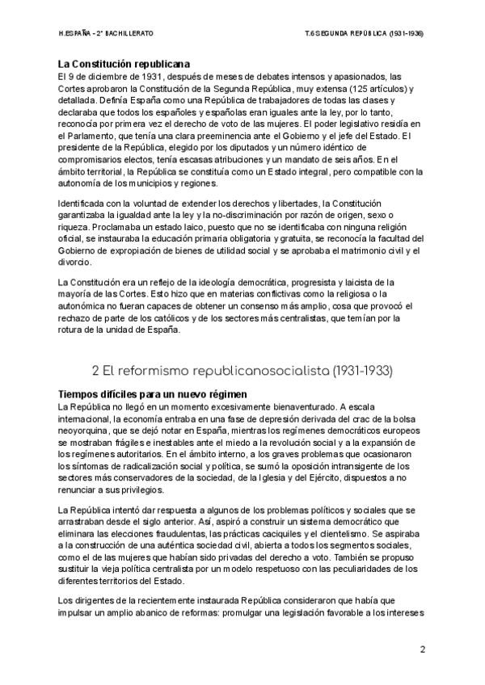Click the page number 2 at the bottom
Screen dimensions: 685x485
pyautogui.click(x=423, y=649)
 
